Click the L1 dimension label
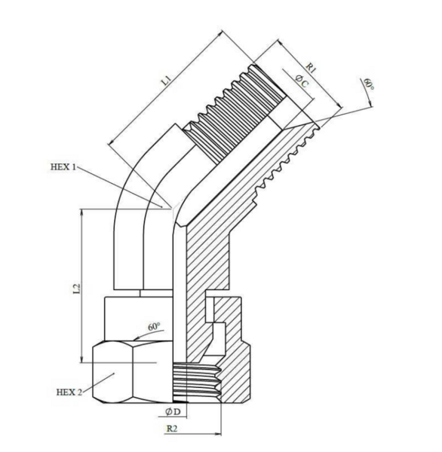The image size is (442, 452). pyautogui.click(x=167, y=81)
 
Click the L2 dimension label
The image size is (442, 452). pyautogui.click(x=77, y=289)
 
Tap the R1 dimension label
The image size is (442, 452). pyautogui.click(x=311, y=68)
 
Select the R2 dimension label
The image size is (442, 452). pyautogui.click(x=171, y=429)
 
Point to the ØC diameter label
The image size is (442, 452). pyautogui.click(x=302, y=81)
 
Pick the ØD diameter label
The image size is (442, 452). pyautogui.click(x=173, y=411)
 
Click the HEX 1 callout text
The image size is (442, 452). pyautogui.click(x=63, y=167)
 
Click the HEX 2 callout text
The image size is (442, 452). pyautogui.click(x=69, y=392)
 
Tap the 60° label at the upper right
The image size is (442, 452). pyautogui.click(x=368, y=84)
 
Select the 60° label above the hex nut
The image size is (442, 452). pyautogui.click(x=154, y=327)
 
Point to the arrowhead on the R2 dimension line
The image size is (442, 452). pyautogui.click(x=217, y=433)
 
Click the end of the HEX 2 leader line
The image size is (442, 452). pyautogui.click(x=115, y=374)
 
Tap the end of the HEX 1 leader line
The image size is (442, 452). pyautogui.click(x=161, y=206)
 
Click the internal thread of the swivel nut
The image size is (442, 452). pyautogui.click(x=197, y=382)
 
